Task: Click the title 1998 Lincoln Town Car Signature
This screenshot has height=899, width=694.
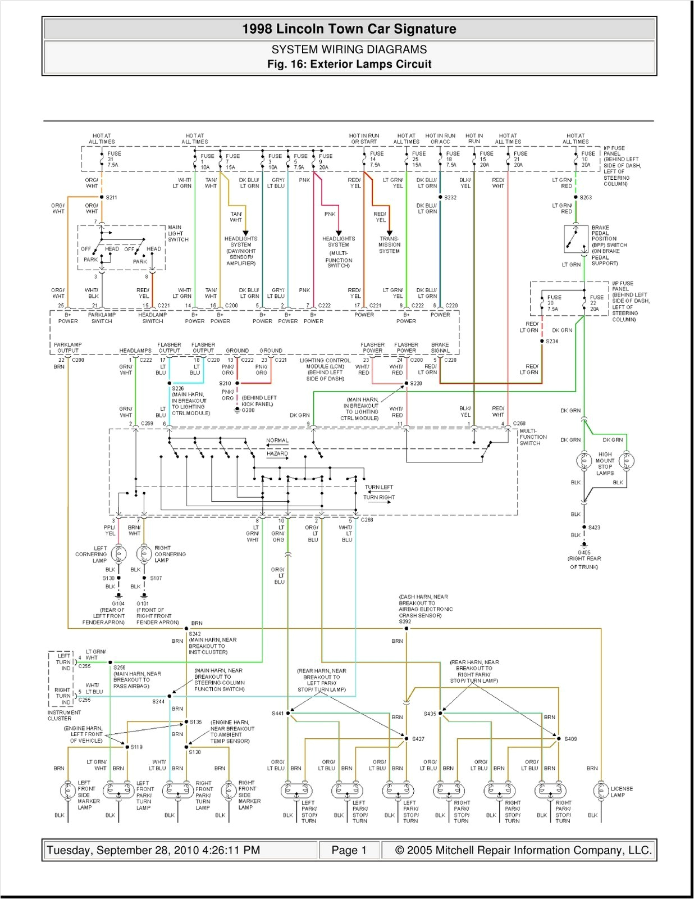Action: coord(349,29)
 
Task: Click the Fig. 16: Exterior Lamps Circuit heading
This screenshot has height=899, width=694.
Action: coord(349,64)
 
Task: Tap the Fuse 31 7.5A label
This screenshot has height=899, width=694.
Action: coord(113,159)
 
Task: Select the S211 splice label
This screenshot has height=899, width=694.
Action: coord(111,197)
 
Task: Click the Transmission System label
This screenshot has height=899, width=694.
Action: coord(389,245)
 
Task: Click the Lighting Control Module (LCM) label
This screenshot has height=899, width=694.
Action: coord(325,369)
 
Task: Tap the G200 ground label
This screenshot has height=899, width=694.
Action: coord(248,410)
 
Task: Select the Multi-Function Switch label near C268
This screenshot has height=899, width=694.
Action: coord(533,437)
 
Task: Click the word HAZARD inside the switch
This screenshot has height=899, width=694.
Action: coord(277,453)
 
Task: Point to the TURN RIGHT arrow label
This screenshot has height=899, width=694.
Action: coord(378,497)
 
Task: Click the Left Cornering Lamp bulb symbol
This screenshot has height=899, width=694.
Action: coord(118,555)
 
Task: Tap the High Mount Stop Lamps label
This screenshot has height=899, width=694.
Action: coord(605,464)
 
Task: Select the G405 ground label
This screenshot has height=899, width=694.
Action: coord(584,552)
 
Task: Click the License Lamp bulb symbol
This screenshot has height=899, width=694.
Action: coord(601,791)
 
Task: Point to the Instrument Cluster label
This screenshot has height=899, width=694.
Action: coord(64,715)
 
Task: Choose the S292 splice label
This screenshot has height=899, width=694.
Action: coord(405,621)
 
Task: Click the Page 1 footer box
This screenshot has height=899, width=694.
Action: coord(349,850)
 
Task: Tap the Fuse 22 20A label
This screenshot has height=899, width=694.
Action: coord(596,303)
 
